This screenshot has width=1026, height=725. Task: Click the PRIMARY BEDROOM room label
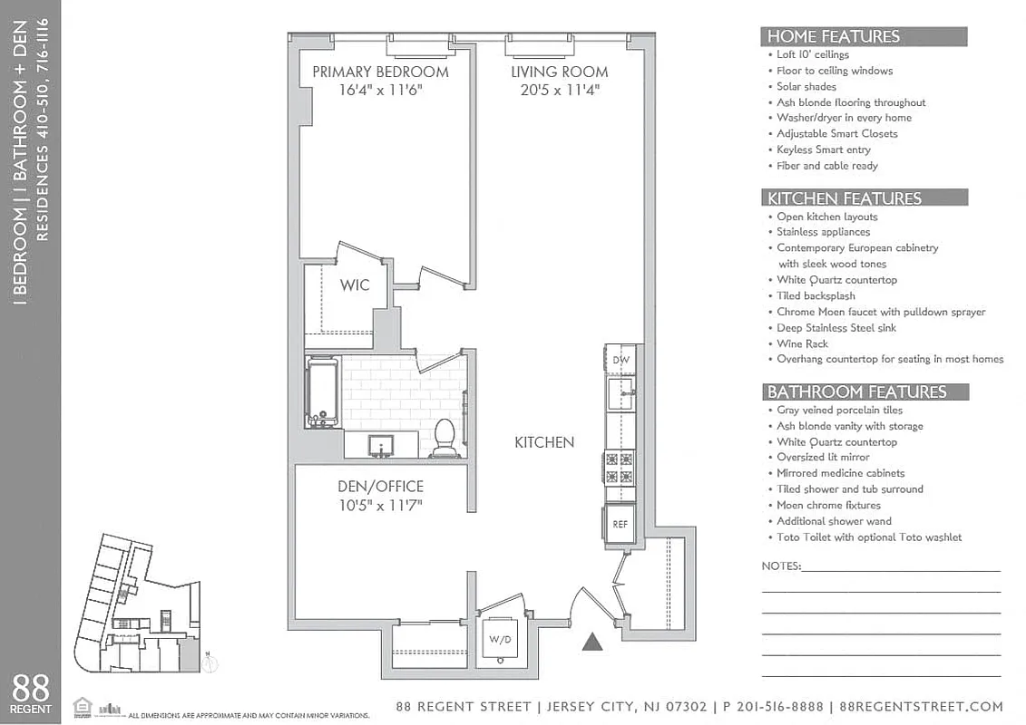pos(380,72)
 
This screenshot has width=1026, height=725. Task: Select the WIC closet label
pos(355,285)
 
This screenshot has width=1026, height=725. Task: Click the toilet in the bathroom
pos(445,436)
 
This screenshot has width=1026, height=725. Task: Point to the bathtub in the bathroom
pos(322,392)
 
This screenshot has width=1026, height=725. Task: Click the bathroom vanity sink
pos(381,444)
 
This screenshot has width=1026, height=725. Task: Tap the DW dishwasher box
pos(620,360)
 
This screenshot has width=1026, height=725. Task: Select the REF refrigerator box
pos(620,524)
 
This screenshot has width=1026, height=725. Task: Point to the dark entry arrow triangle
pos(592,643)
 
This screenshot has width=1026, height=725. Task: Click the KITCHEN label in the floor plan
pos(544,442)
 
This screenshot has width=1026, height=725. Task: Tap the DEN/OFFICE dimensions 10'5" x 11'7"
pos(380,505)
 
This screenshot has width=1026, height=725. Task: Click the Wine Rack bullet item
pos(802,343)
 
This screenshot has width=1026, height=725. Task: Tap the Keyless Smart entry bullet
pos(823,150)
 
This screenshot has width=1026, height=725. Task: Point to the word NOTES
pos(781,566)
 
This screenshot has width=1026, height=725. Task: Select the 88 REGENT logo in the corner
pos(31,693)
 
